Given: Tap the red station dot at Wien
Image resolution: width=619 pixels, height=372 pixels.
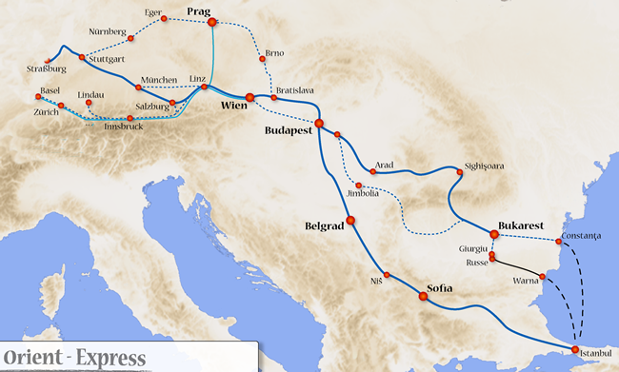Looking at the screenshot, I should (250, 97).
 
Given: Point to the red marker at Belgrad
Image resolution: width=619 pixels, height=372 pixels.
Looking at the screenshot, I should (350, 221).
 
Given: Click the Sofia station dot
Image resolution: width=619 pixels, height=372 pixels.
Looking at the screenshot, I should (423, 297).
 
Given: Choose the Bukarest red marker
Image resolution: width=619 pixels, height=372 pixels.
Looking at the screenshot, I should (494, 235).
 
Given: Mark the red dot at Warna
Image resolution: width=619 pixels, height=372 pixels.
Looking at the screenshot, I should (542, 277).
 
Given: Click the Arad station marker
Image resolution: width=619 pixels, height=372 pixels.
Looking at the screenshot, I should (373, 172).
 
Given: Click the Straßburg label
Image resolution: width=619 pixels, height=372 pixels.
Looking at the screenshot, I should (47, 69).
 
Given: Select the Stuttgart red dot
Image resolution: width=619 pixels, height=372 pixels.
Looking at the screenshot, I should (82, 58).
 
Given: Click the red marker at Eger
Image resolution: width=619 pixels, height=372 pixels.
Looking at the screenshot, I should (164, 19).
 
